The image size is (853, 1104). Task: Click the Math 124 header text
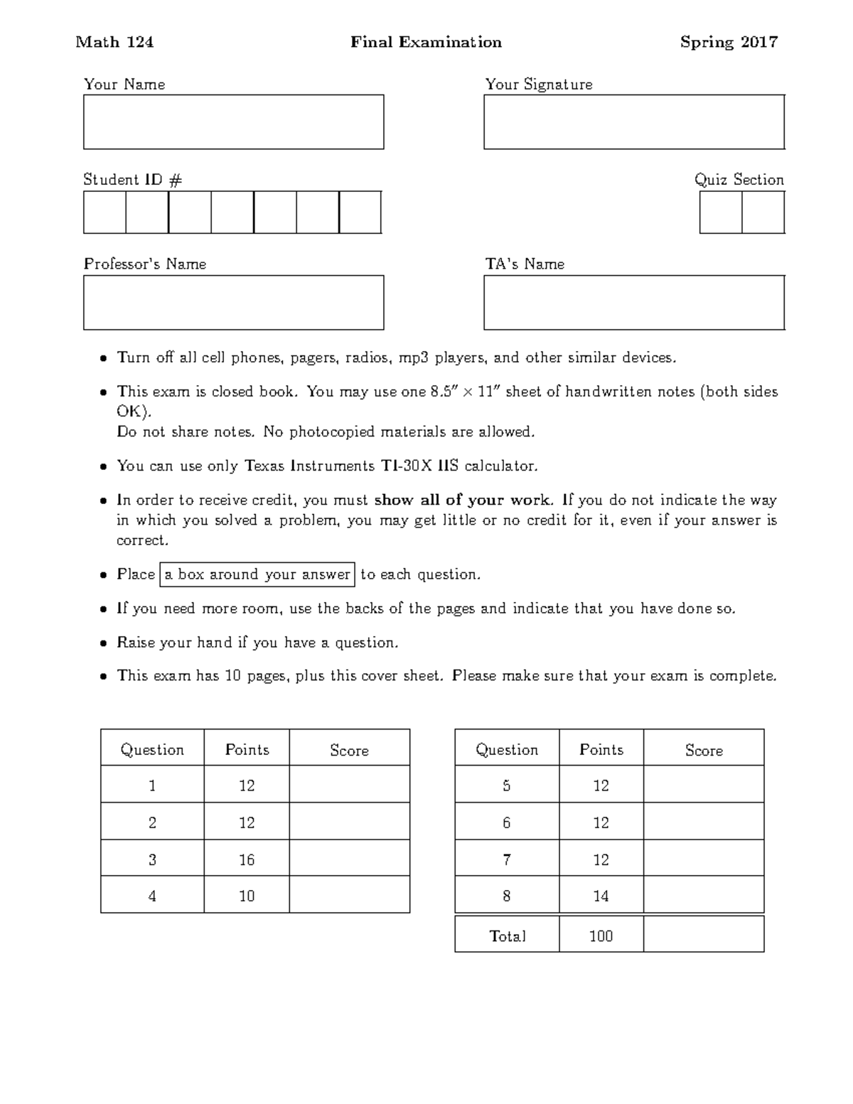(x=114, y=43)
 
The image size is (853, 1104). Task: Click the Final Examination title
(x=426, y=43)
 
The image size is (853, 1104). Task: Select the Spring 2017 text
(x=729, y=43)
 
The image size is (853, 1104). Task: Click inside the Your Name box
(x=233, y=122)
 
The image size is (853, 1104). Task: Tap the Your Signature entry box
(x=633, y=122)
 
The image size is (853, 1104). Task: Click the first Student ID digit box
(x=104, y=213)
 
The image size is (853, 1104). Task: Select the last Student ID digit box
(x=360, y=213)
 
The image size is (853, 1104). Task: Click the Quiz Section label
(x=739, y=180)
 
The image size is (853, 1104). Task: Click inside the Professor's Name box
(x=233, y=303)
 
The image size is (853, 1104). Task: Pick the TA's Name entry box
(x=633, y=303)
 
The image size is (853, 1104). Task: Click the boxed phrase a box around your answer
(x=258, y=574)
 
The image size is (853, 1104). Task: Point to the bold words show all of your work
(x=462, y=500)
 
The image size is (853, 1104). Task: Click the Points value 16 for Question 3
(x=247, y=859)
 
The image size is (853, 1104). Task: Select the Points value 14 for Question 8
(x=601, y=896)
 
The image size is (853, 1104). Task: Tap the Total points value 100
(x=601, y=936)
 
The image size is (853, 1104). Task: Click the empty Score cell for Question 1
(x=349, y=785)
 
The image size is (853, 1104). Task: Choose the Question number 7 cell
(x=506, y=859)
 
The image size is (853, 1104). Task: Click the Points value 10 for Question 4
(x=247, y=896)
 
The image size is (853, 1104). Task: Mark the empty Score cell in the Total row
(x=703, y=935)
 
